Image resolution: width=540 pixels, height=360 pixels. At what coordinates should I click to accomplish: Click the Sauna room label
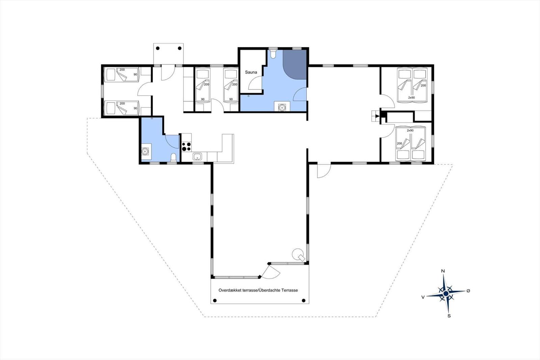251,72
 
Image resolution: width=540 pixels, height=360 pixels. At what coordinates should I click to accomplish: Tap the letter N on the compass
443,271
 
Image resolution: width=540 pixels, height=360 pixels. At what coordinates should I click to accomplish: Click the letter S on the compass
449,316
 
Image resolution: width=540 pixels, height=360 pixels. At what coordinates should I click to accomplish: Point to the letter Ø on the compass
468,291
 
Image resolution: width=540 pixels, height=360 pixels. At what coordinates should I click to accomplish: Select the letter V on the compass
423,297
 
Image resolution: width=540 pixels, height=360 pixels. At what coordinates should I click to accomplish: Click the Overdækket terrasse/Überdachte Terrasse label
258,290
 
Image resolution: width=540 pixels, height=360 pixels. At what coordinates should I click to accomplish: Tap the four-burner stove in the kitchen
186,146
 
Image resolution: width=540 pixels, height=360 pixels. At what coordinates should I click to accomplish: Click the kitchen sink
197,157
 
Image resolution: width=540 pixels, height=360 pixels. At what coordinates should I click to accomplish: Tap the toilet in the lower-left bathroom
173,157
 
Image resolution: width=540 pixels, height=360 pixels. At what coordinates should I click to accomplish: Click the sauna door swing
255,83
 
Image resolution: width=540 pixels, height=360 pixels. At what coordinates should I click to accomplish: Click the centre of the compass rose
446,293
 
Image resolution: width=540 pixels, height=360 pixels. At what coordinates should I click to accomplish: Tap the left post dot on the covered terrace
215,300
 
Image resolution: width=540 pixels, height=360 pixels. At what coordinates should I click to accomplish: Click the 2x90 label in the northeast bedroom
411,98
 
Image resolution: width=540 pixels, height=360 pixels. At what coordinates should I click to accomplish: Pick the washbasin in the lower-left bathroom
145,151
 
